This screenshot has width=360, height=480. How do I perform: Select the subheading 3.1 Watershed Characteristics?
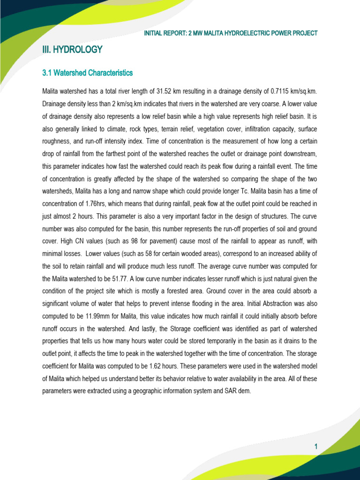coord(88,73)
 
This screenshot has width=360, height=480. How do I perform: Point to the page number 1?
coord(316,447)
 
